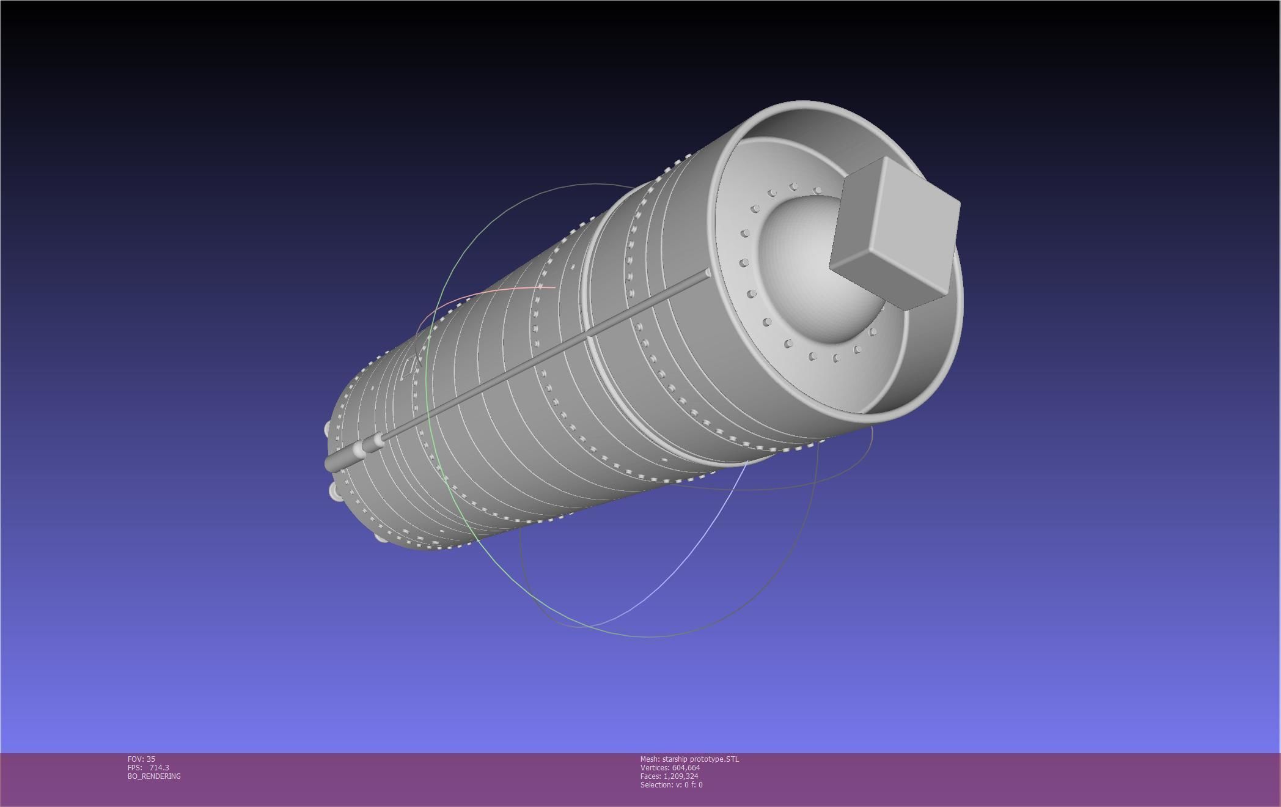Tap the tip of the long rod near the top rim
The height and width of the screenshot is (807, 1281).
707,273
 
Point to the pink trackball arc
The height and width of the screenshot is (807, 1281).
489,296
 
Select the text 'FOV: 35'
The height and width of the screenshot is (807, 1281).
141,759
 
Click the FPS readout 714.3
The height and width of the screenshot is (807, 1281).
159,768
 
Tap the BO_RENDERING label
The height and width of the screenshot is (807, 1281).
154,776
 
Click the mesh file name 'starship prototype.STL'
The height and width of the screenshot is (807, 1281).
700,759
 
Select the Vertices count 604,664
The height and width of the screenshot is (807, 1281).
686,768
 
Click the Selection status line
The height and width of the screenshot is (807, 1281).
671,785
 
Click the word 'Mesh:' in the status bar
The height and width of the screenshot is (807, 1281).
650,759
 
